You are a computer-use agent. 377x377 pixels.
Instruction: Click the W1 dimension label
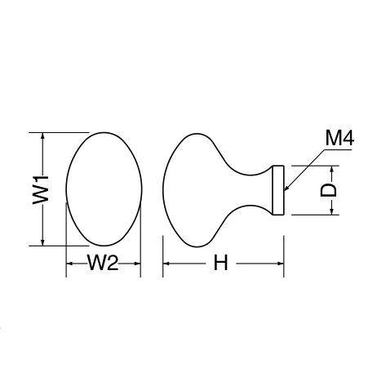pyautogui.click(x=40, y=189)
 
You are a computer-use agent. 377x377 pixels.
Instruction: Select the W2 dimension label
pyautogui.click(x=103, y=263)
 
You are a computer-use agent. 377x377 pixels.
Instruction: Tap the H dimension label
pyautogui.click(x=220, y=263)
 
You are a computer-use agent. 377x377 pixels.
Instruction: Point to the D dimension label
pyautogui.click(x=328, y=190)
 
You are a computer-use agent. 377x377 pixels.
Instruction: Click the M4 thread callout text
pyautogui.click(x=339, y=138)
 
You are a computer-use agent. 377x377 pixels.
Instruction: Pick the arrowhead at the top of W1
pyautogui.click(x=42, y=135)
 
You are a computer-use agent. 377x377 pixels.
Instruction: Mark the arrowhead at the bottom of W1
pyautogui.click(x=42, y=242)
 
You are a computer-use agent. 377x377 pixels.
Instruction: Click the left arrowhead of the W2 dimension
pyautogui.click(x=70, y=264)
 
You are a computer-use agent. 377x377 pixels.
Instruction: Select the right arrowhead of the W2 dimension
pyautogui.click(x=137, y=264)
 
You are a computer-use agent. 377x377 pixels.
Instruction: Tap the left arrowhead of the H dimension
pyautogui.click(x=166, y=264)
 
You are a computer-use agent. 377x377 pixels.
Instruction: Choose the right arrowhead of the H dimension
pyautogui.click(x=281, y=264)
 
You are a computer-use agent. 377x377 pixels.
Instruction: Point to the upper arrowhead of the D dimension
pyautogui.click(x=331, y=169)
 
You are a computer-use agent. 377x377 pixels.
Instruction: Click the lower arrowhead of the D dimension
pyautogui.click(x=331, y=211)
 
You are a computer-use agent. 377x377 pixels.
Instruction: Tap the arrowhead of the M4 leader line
pyautogui.click(x=286, y=188)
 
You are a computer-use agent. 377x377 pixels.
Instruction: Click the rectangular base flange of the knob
pyautogui.click(x=278, y=190)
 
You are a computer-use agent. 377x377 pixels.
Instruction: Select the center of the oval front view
pyautogui.click(x=104, y=189)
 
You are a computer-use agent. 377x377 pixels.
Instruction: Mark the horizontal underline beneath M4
pyautogui.click(x=337, y=149)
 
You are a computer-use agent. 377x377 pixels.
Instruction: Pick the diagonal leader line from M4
pyautogui.click(x=304, y=170)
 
